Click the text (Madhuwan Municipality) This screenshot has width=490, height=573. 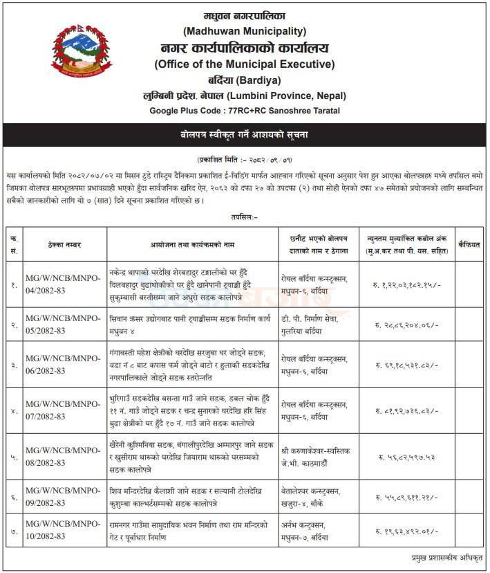(x=245, y=31)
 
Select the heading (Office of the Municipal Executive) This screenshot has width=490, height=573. (x=245, y=64)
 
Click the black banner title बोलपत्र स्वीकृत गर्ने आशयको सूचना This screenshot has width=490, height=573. (x=245, y=134)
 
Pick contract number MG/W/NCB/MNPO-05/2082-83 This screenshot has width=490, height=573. (x=63, y=325)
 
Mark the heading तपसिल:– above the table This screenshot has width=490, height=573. (x=245, y=217)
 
